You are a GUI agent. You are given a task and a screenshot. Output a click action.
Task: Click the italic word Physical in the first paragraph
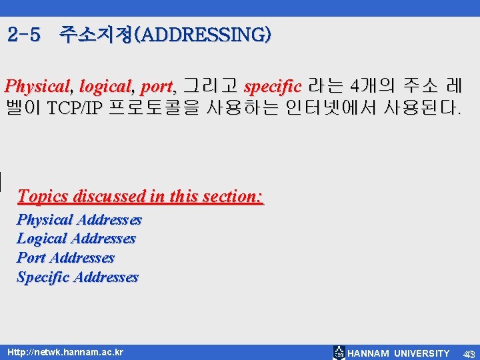point(37,87)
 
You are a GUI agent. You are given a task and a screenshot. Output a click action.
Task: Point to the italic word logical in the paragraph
point(105,87)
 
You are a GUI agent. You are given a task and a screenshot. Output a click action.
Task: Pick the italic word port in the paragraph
point(157,87)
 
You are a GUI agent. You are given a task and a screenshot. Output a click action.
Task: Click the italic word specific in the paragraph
point(273,87)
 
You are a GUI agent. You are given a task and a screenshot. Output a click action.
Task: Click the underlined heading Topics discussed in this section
point(141,197)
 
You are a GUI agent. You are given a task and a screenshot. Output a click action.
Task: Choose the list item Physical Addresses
point(79,220)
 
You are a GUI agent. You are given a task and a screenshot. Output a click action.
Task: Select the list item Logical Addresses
point(76,239)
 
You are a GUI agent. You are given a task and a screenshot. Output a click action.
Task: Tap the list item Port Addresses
point(65,258)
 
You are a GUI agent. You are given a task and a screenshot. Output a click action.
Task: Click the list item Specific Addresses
point(77,277)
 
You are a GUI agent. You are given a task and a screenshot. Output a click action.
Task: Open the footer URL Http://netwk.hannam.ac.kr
point(65,352)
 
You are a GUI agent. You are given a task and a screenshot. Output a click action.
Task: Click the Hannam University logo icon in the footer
point(339,353)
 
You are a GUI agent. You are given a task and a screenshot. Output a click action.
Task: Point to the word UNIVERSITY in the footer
point(421,353)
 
